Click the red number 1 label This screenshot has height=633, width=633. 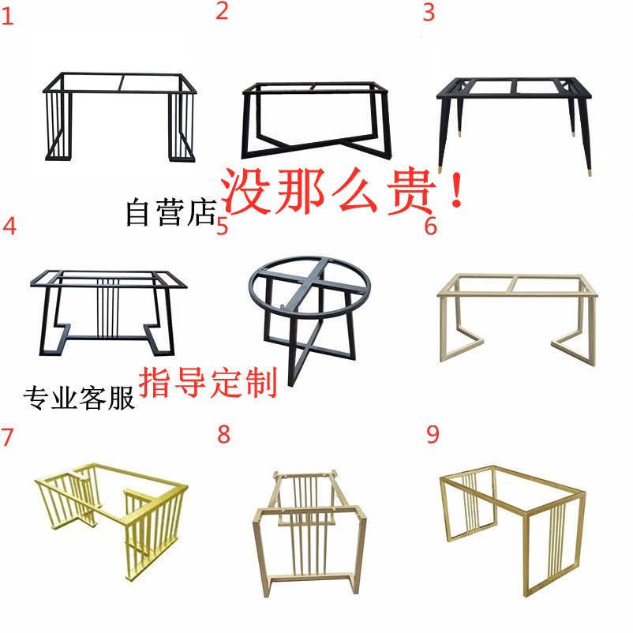pyautogui.click(x=8, y=17)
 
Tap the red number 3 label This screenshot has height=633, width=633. pyautogui.click(x=429, y=13)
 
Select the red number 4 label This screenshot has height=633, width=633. pyautogui.click(x=9, y=226)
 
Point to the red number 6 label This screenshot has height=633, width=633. pyautogui.click(x=431, y=226)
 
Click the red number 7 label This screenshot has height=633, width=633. pyautogui.click(x=7, y=437)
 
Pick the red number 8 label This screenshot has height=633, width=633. pyautogui.click(x=223, y=435)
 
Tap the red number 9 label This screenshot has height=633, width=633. pyautogui.click(x=433, y=435)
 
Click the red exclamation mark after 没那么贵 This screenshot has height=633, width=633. pyautogui.click(x=456, y=190)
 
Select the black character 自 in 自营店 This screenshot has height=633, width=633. pyautogui.click(x=137, y=212)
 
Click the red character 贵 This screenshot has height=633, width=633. pyautogui.click(x=411, y=191)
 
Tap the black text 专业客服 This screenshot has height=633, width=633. pyautogui.click(x=79, y=399)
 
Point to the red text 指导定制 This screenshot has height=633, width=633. pyautogui.click(x=208, y=383)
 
